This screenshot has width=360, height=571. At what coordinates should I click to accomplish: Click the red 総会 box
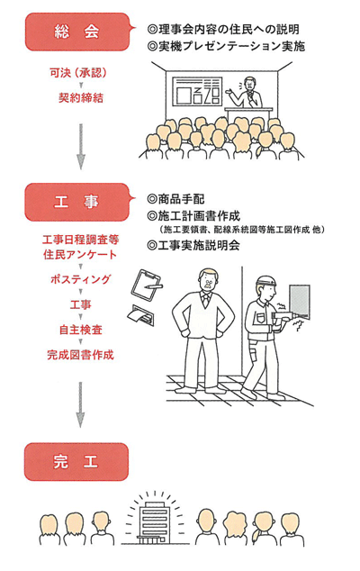click(x=77, y=32)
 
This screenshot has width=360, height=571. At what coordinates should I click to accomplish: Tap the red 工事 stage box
click(x=77, y=202)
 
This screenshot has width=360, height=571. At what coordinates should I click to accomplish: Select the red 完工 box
click(x=76, y=462)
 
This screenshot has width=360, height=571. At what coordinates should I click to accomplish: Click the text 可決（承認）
click(x=78, y=73)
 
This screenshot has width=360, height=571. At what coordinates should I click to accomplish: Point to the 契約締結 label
click(x=81, y=97)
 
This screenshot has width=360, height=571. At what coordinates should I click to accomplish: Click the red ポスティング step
click(x=80, y=279)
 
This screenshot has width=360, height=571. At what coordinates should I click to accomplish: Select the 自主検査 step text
click(x=81, y=330)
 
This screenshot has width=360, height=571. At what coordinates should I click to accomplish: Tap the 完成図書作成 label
click(x=80, y=355)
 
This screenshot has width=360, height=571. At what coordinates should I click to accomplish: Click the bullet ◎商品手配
click(x=175, y=199)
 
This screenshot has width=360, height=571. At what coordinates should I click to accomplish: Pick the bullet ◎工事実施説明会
click(x=193, y=245)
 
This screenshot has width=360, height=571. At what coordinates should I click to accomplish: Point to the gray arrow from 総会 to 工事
click(x=81, y=146)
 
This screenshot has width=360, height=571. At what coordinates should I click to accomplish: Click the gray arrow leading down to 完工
click(x=81, y=404)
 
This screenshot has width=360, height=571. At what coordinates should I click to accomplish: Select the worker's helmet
click(x=266, y=281)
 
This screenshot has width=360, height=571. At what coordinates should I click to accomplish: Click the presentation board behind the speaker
click(x=198, y=91)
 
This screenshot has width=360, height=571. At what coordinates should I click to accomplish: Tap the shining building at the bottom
click(x=153, y=521)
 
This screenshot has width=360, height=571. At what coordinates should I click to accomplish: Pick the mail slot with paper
click(x=142, y=315)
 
